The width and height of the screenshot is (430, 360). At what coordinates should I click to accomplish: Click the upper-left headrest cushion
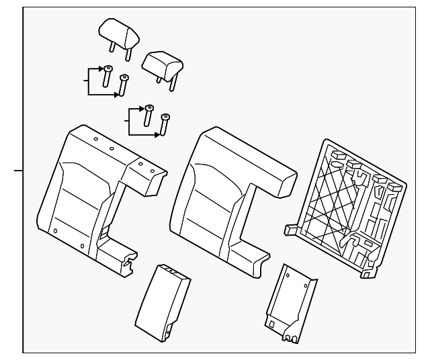[117, 30]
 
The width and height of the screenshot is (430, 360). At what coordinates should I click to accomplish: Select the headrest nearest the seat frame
[163, 62]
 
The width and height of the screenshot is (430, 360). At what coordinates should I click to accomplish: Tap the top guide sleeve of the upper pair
[107, 76]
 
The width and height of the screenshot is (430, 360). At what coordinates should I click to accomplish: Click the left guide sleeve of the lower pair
[148, 116]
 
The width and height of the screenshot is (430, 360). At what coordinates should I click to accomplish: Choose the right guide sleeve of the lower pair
[165, 125]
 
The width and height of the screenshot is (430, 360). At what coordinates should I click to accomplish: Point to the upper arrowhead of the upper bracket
[99, 69]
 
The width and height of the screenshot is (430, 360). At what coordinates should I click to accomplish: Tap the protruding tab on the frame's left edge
[291, 229]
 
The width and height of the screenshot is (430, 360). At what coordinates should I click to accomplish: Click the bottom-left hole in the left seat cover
[55, 231]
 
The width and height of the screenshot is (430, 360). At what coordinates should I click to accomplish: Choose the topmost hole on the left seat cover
[96, 138]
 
